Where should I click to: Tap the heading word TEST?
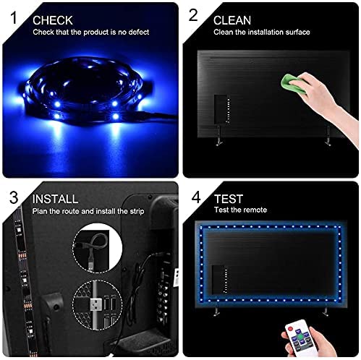[x=229, y=198]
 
